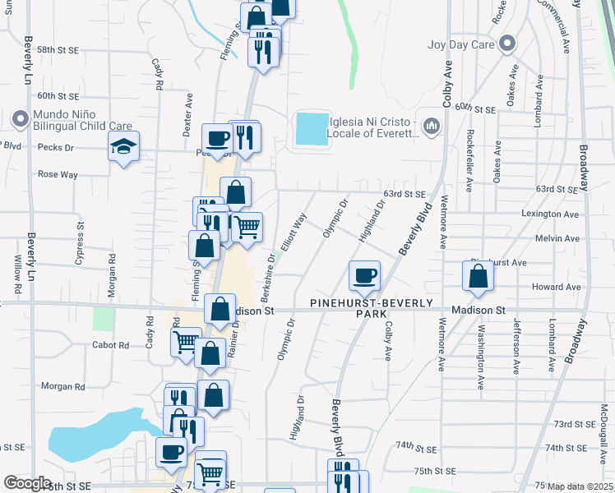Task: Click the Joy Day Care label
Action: pos(460,44)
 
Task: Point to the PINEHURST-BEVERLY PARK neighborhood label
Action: pos(371,308)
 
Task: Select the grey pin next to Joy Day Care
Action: pos(508,44)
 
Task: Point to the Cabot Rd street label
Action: pos(111,345)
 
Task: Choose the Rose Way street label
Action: pos(58,174)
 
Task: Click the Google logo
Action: pos(27,483)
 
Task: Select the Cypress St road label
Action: pos(81,235)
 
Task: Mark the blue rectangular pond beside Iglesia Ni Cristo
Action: pos(311,129)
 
